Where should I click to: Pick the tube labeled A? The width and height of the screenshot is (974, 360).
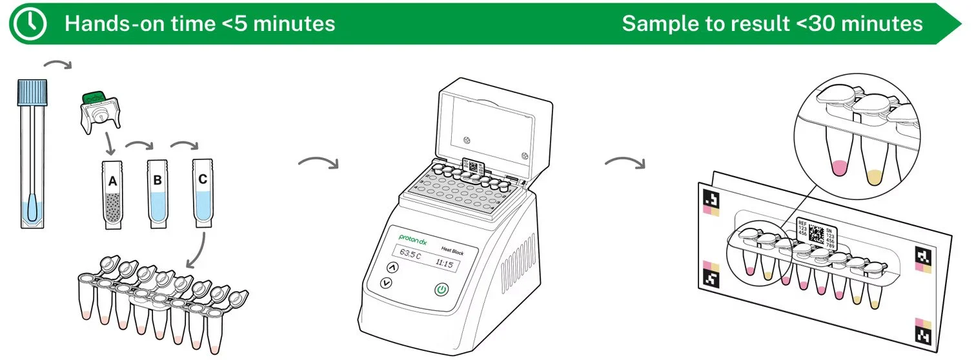click(x=113, y=194)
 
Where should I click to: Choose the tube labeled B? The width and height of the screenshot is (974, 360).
click(x=157, y=193)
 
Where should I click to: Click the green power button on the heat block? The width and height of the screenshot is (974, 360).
click(x=441, y=290)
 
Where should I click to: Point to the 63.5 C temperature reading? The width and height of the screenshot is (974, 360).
click(x=409, y=254)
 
